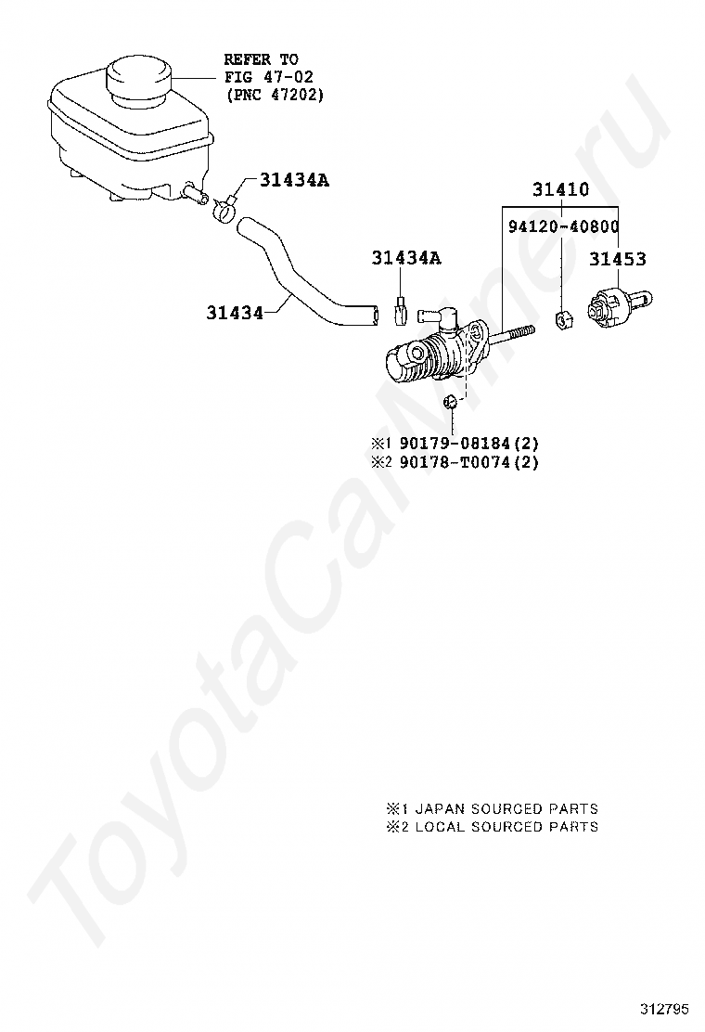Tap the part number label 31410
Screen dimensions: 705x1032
pos(560,190)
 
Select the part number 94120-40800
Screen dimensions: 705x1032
pos(563,226)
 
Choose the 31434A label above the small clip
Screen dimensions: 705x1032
pos(406,258)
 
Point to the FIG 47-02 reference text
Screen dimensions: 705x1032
pos(262,77)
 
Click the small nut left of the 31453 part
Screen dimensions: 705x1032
pos(562,320)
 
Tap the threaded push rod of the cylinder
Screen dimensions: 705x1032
pos(510,336)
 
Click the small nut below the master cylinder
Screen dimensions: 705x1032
pos(450,402)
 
